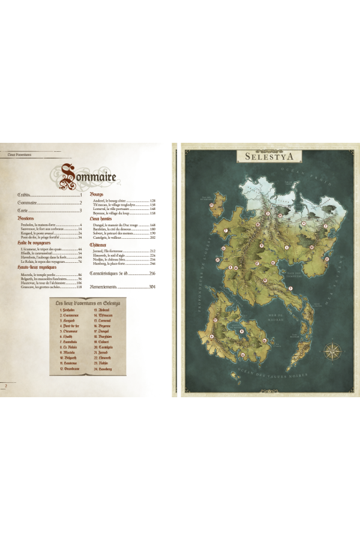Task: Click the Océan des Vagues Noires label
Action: [x=282, y=374]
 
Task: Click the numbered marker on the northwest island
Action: [x=211, y=205]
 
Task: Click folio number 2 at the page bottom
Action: [x=5, y=385]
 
